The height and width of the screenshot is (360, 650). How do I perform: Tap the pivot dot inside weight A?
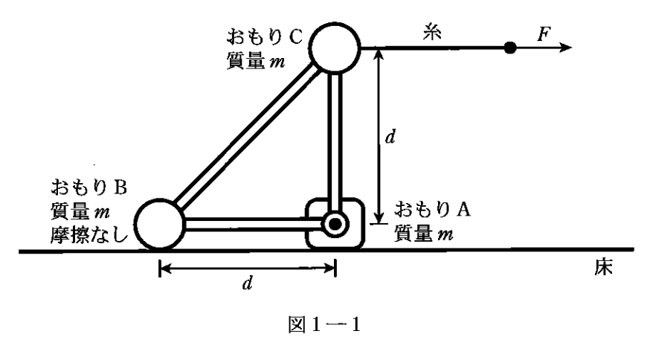pos(335,222)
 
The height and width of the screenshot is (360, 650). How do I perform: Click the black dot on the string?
pos(509,48)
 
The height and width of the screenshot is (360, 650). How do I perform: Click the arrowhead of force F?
pos(565,48)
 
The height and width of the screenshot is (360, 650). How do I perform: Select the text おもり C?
pos(264,37)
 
